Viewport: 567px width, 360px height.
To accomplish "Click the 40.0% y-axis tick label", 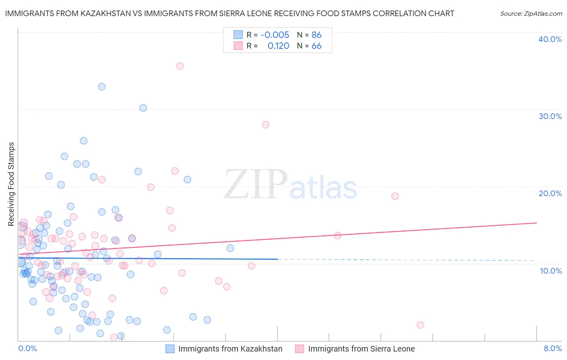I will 550,39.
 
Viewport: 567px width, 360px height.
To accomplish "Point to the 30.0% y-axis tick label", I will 550,116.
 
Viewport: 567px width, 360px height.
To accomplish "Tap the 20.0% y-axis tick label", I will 550,193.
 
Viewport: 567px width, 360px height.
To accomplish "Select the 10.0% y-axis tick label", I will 551,271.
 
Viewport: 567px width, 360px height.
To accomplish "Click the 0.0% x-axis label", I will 27,348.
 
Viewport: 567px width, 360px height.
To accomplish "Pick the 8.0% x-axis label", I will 552,348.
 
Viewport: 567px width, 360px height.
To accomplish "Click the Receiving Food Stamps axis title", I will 11,184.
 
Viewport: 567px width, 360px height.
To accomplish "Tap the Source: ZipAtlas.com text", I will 531,14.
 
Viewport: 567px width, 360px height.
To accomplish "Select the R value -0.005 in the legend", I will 275,35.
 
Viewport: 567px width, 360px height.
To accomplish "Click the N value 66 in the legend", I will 317,46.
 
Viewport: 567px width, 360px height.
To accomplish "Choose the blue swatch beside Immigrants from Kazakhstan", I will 170,349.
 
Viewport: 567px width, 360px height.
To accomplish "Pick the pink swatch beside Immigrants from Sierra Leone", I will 300,349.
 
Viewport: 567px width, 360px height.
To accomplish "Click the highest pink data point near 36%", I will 180,66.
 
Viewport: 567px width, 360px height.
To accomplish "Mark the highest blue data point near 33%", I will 102,87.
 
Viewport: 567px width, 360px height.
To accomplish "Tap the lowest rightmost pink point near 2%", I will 420,325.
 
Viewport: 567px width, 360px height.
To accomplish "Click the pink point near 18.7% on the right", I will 395,196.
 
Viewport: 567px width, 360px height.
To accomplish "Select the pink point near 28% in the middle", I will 265,125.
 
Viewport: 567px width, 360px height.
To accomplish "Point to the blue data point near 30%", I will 143,108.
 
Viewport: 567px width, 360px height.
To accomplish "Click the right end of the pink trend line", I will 537,223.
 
